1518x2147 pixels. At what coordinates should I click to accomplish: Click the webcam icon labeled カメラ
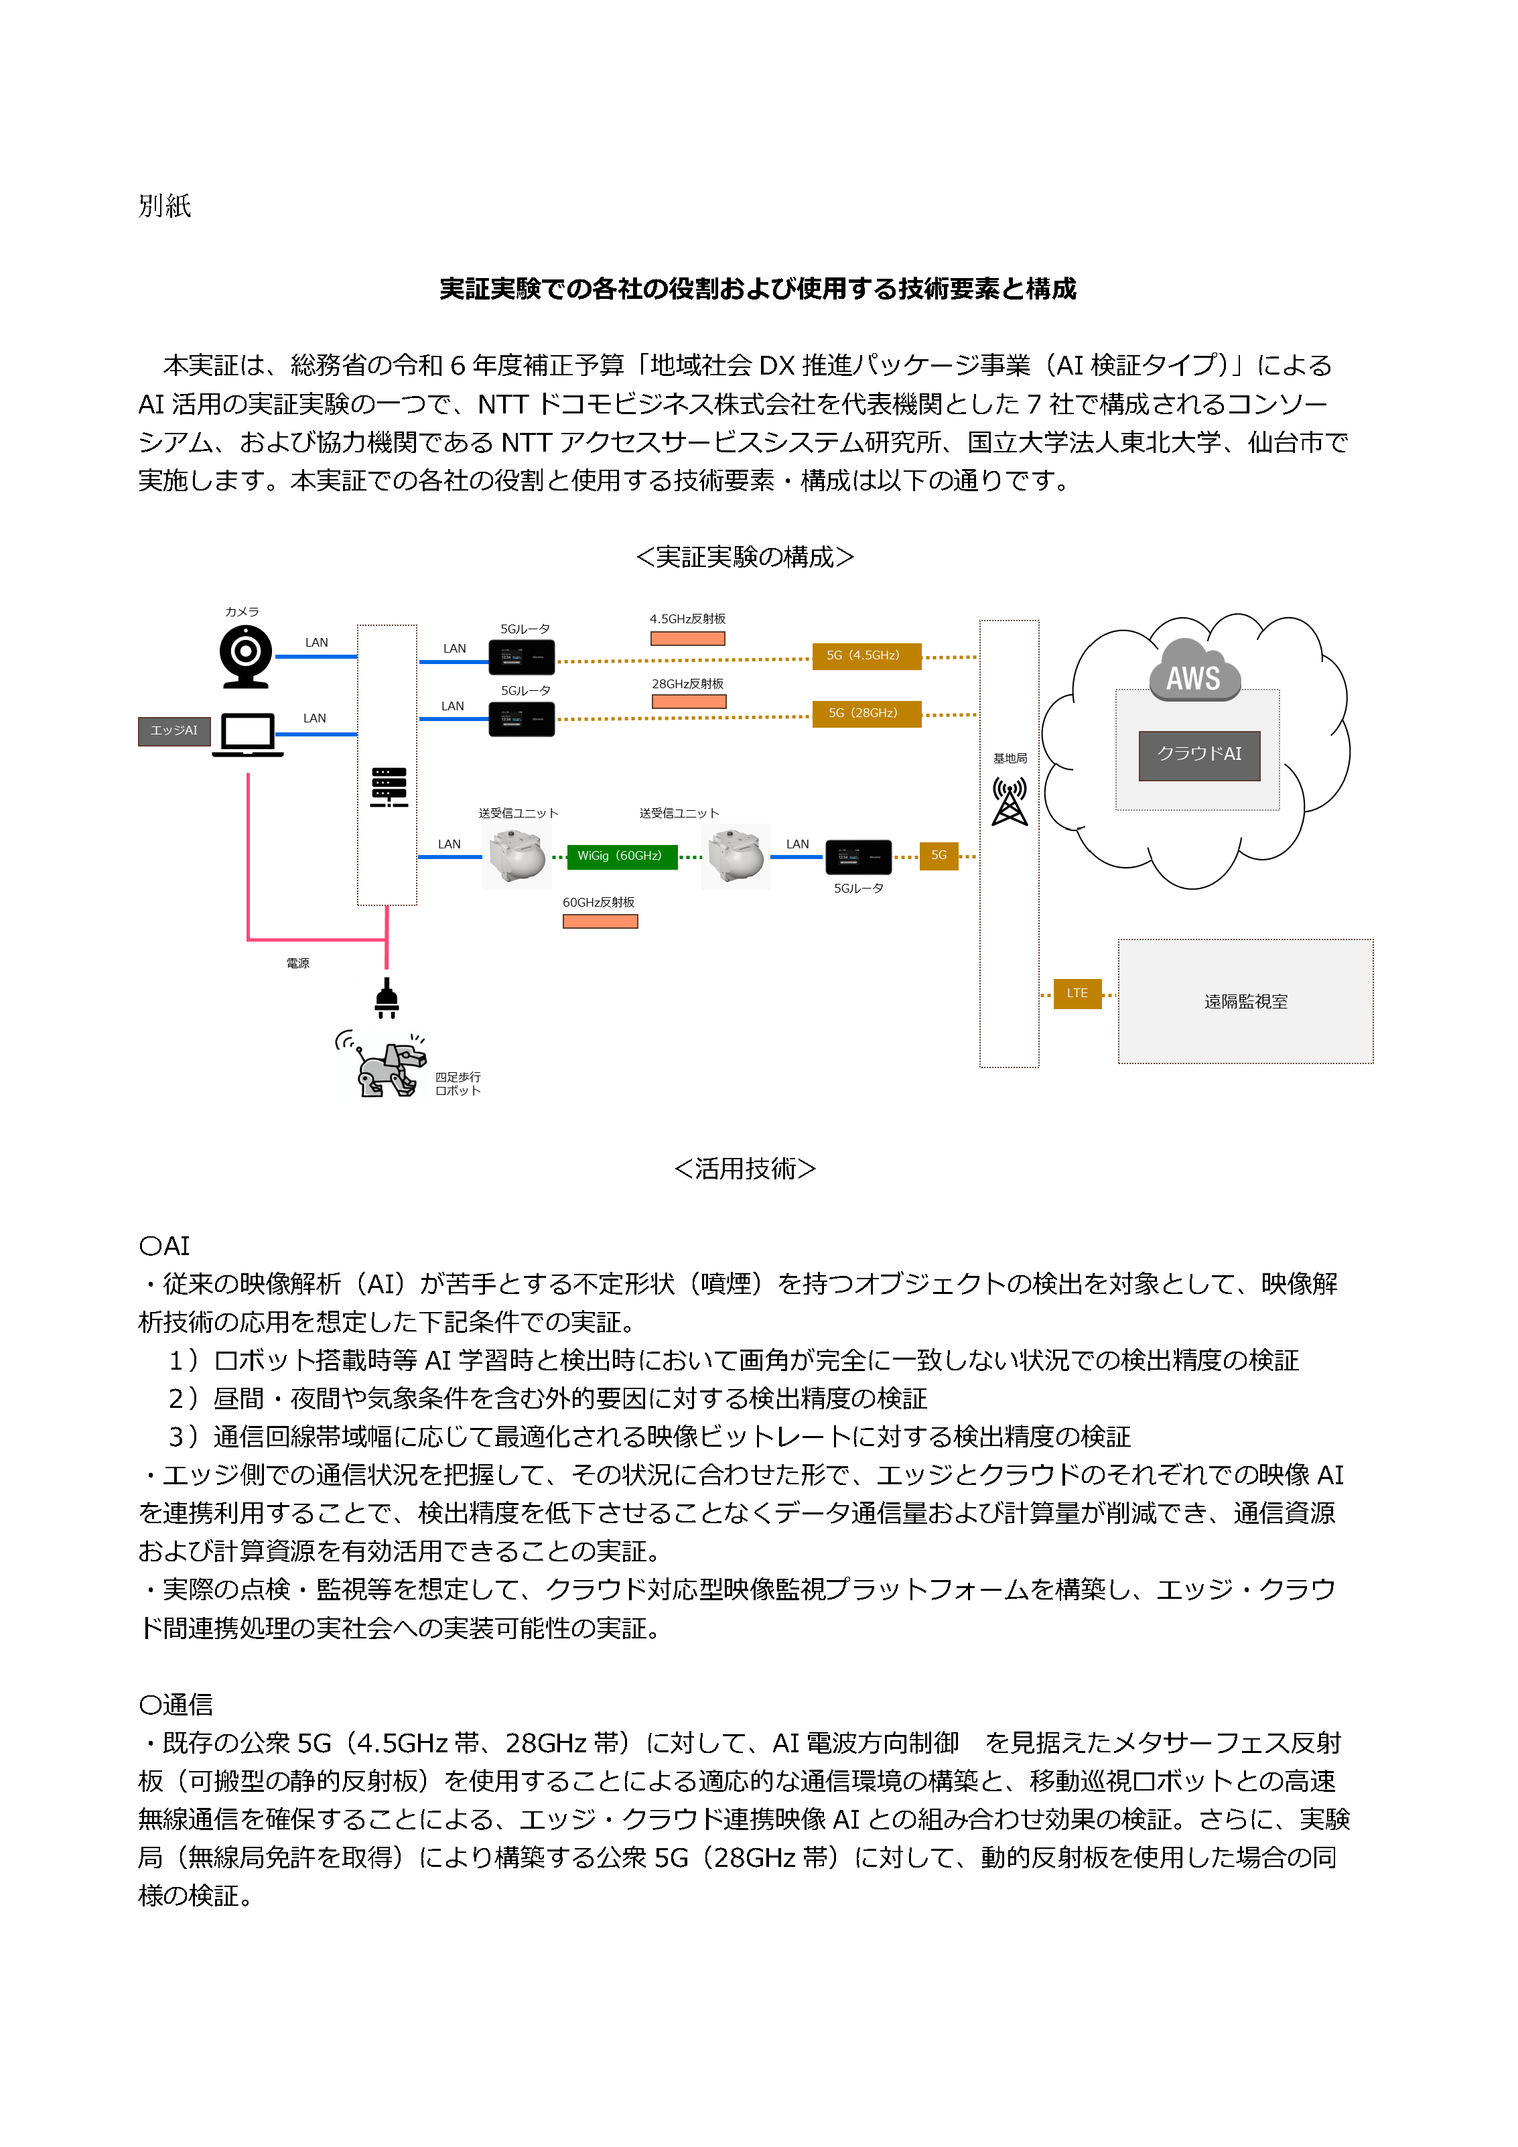tap(246, 655)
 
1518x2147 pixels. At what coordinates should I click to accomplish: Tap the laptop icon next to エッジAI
tap(248, 734)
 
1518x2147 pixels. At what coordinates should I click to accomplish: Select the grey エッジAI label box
tap(174, 731)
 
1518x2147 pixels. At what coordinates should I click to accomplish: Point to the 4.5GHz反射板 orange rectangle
tap(687, 639)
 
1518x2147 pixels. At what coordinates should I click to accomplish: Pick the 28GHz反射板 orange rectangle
tap(689, 702)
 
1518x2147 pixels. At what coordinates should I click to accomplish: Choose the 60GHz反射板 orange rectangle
tap(600, 922)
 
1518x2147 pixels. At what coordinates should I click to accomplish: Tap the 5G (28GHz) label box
tap(866, 714)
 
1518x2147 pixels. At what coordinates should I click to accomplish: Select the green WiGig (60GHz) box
tap(622, 856)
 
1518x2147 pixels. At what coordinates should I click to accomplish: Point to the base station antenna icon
tap(1010, 801)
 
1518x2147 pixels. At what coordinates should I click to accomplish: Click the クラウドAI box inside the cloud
tap(1199, 755)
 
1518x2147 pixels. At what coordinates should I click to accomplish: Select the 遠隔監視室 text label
tap(1245, 1002)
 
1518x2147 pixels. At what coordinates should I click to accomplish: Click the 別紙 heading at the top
tap(165, 206)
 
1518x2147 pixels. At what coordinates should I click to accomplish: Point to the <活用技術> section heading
tap(745, 1169)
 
